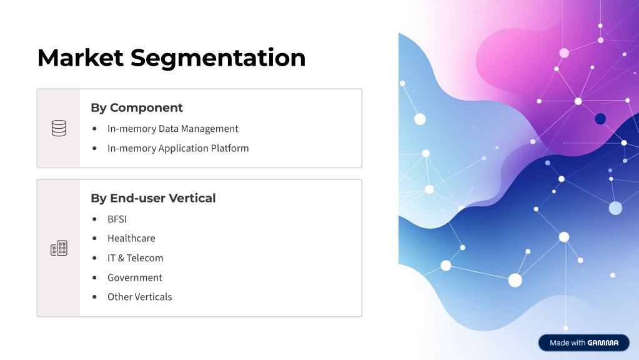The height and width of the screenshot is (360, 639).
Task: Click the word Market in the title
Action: pos(81,57)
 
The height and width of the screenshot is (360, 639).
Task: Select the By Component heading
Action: pos(137,107)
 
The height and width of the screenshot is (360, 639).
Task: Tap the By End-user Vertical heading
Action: pos(153,198)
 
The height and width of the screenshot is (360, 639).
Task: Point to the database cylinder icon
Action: pos(59,128)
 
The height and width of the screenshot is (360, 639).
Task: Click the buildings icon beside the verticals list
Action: pos(59,248)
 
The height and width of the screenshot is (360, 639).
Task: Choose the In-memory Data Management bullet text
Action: pos(173,129)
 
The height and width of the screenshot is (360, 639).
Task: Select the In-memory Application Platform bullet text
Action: pos(178,148)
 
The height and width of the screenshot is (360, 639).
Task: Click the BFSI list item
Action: pos(117,219)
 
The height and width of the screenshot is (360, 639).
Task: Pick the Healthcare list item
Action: pos(131,238)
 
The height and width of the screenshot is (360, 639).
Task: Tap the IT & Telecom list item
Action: pos(136,258)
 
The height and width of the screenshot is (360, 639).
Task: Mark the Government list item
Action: pos(135,277)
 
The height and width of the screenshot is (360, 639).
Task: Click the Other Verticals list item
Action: pos(140,297)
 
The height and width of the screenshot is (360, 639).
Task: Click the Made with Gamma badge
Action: pos(583,343)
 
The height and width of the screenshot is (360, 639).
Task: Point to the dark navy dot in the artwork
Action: pos(600,119)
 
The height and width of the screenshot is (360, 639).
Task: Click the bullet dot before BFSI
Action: pos(94,219)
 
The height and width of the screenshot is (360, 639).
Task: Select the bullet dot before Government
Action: pos(94,277)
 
